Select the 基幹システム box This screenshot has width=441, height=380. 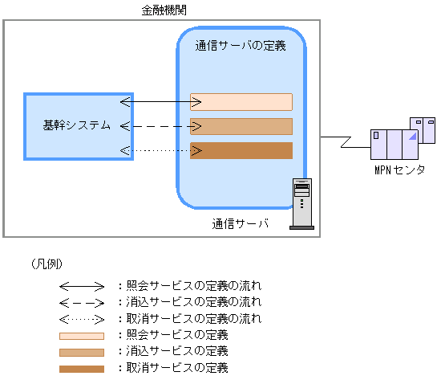coord(77,126)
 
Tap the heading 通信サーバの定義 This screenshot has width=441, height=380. coord(241,46)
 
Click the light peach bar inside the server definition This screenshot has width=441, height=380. coord(241,102)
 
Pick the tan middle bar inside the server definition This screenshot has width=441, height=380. coord(241,126)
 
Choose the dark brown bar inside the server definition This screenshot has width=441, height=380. coord(241,150)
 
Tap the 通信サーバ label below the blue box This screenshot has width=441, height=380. coord(240,223)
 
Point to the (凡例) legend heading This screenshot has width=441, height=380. coord(47,264)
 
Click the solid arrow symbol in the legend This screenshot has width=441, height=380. coord(81,286)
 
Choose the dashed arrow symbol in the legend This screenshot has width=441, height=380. coord(81,303)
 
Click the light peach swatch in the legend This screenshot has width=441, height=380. coord(81,336)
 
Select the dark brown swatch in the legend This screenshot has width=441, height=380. coord(81,369)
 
